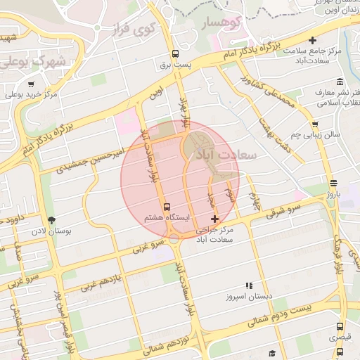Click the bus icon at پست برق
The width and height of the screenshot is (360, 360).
click(175, 53)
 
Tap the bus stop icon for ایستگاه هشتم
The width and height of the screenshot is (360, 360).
click(167, 207)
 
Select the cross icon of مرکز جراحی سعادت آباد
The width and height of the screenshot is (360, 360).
click(214, 220)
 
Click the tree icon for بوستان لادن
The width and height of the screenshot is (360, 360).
click(51, 221)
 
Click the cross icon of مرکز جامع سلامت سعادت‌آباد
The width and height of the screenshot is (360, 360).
click(312, 40)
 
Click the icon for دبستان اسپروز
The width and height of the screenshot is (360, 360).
click(247, 285)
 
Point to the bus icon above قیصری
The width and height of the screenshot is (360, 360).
click(340, 327)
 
